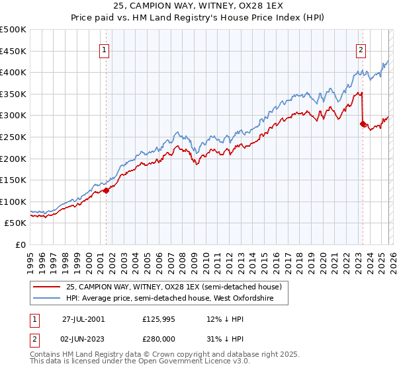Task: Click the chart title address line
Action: click(198, 5)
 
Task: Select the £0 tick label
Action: click(21, 244)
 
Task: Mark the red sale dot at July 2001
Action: click(106, 190)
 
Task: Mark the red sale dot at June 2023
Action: click(363, 124)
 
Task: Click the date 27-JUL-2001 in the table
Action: click(83, 318)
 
